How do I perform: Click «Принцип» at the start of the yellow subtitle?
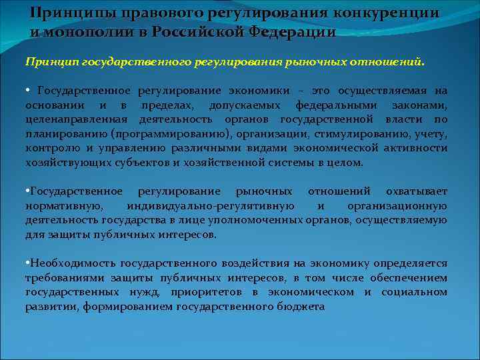coord(51,61)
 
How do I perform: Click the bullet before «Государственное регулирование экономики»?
coord(28,90)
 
